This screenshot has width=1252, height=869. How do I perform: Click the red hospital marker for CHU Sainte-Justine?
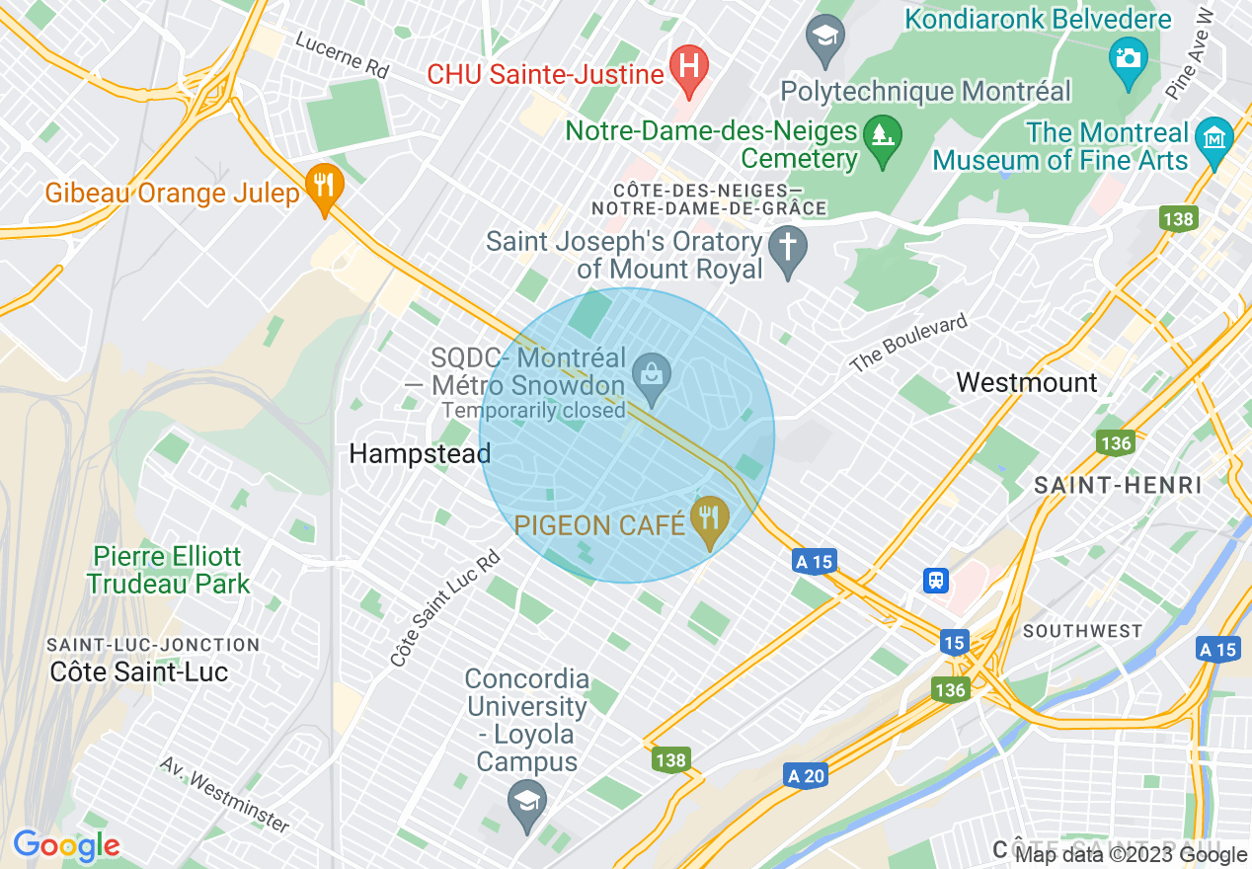pyautogui.click(x=689, y=66)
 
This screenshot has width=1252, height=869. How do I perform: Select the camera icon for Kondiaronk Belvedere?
pyautogui.click(x=1127, y=56)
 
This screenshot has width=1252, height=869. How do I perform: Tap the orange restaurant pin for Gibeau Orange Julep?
pyautogui.click(x=323, y=184)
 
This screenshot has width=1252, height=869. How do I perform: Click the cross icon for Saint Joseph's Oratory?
pyautogui.click(x=787, y=244)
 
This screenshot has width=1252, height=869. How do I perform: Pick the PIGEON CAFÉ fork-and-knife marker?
pyautogui.click(x=707, y=515)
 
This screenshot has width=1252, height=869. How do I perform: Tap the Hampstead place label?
pyautogui.click(x=420, y=454)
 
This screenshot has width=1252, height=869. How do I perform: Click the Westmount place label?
pyautogui.click(x=1027, y=383)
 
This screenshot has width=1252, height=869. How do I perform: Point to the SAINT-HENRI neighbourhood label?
pyautogui.click(x=1117, y=485)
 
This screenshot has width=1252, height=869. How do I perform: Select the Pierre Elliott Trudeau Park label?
pyautogui.click(x=168, y=570)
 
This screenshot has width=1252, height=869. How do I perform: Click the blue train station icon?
pyautogui.click(x=935, y=580)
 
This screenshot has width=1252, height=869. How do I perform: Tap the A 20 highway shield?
pyautogui.click(x=807, y=776)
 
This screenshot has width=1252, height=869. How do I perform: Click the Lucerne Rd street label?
pyautogui.click(x=343, y=56)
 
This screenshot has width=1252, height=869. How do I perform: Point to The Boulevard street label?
pyautogui.click(x=909, y=343)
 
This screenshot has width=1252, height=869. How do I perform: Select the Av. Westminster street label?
pyautogui.click(x=225, y=795)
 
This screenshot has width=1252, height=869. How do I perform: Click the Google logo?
pyautogui.click(x=66, y=845)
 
